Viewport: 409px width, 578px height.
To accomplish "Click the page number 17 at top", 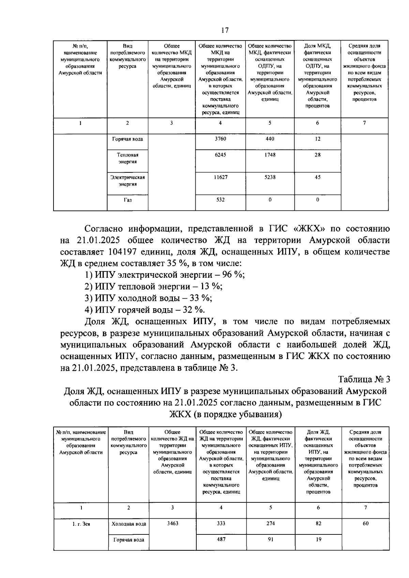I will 225,30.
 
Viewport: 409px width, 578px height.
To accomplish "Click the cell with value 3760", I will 220,139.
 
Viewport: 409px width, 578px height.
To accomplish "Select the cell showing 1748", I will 270,155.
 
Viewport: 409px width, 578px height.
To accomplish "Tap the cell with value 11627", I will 220,177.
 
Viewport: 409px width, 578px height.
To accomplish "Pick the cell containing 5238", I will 270,177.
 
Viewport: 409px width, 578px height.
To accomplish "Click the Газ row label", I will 127,200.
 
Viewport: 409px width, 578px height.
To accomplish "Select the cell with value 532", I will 220,200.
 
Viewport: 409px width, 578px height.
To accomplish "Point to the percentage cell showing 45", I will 317,177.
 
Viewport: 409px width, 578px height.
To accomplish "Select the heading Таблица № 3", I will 364,379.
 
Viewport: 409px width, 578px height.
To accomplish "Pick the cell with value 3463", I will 172,524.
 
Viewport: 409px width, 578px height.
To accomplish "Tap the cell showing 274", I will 270,524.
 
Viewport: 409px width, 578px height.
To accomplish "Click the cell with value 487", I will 221,539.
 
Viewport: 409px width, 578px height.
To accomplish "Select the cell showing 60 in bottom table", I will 365,524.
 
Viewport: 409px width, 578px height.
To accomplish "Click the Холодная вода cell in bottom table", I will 128,524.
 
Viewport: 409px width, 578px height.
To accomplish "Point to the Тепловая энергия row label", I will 127,158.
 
